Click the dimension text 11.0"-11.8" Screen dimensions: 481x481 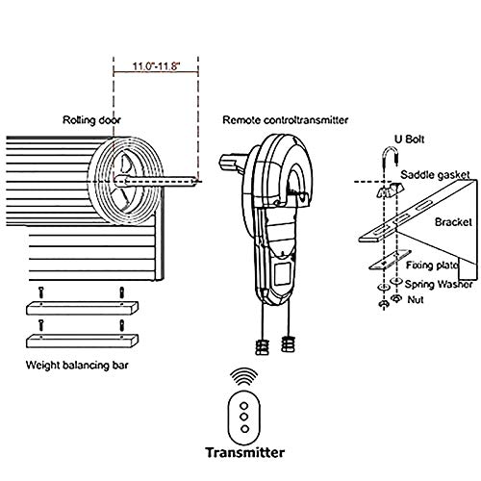coord(156,68)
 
